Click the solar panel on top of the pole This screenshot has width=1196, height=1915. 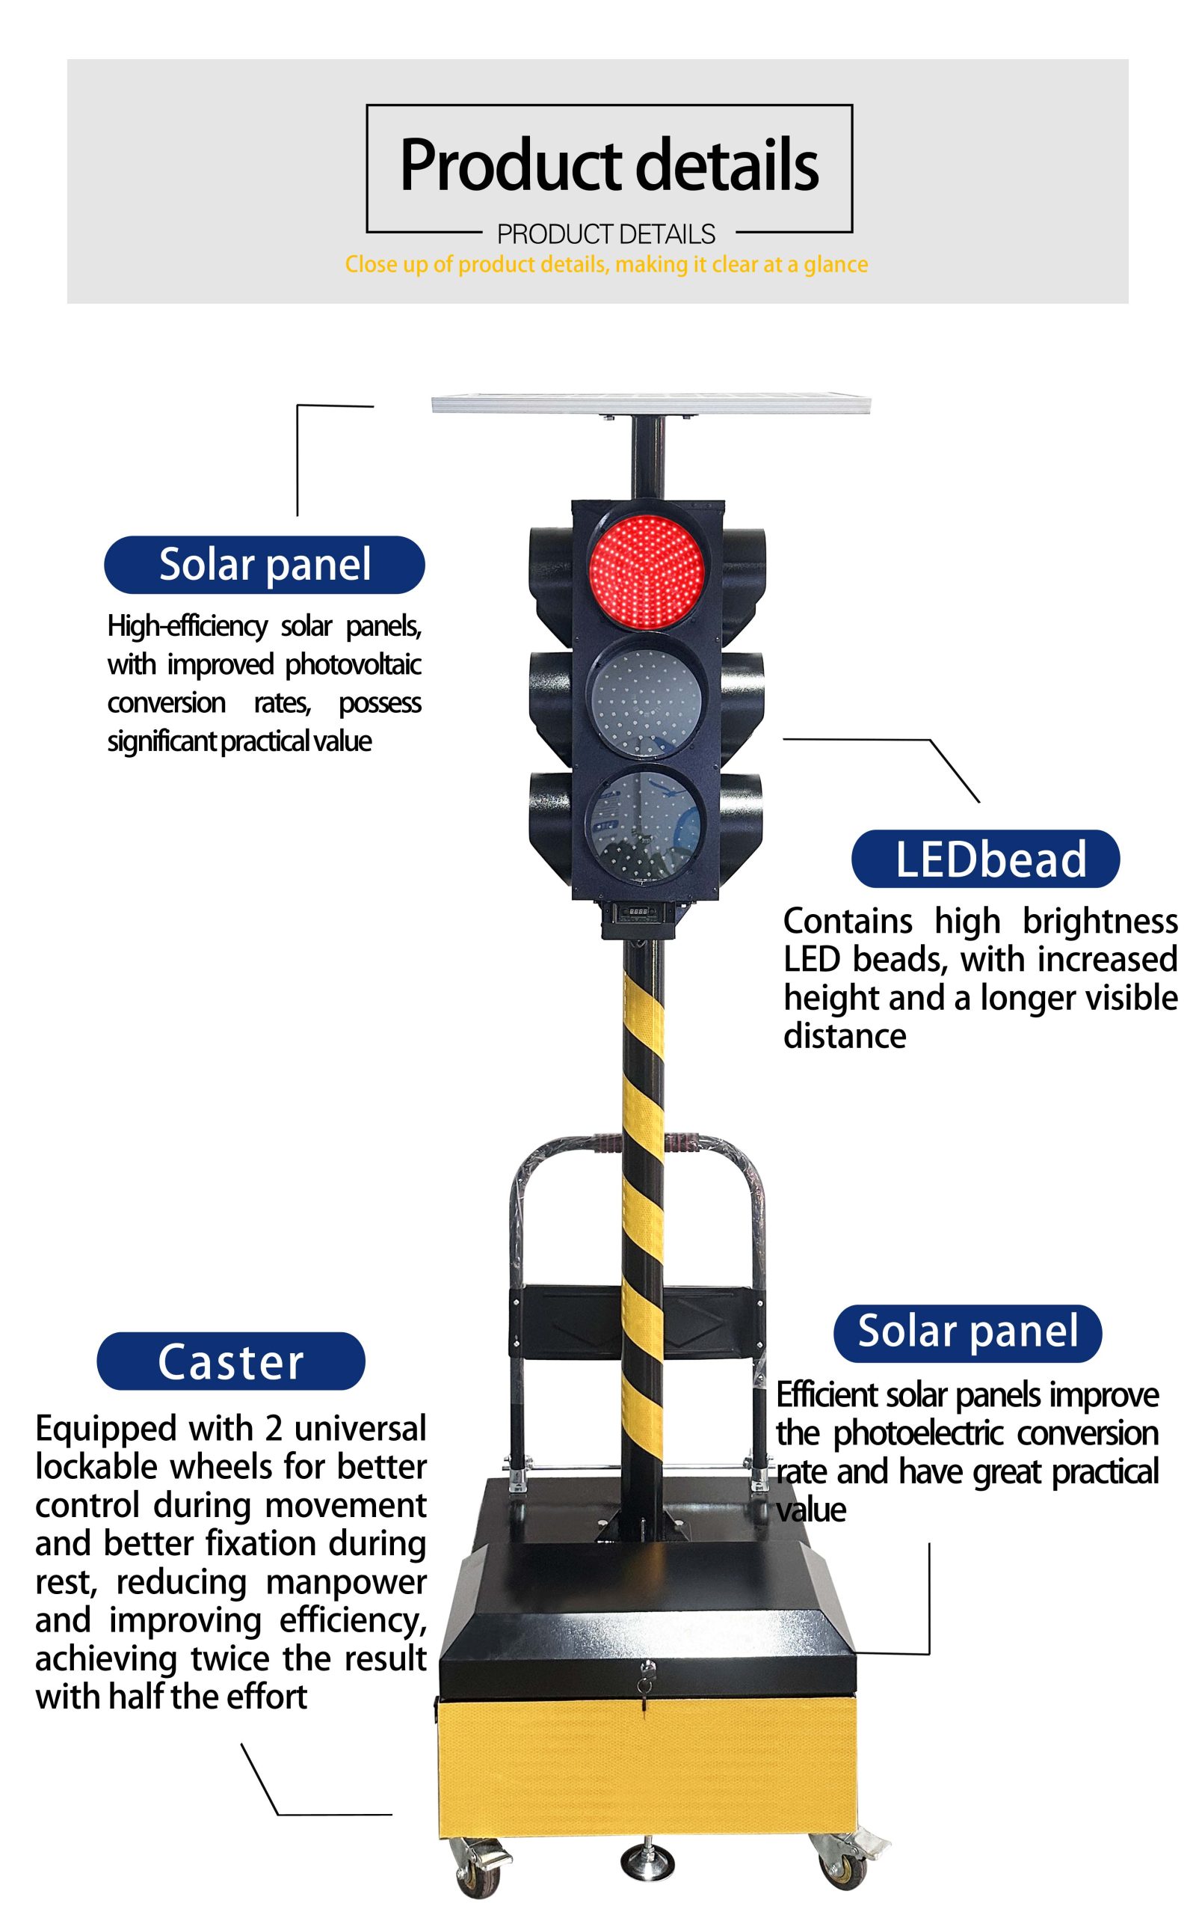pos(650,405)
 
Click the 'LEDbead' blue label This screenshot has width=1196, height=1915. pos(986,859)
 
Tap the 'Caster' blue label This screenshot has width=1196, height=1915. pos(231,1361)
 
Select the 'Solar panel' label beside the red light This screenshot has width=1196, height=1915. pos(264,565)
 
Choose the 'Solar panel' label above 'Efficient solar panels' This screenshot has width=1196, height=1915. pos(967,1333)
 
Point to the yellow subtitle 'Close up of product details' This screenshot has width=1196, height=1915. pos(606,264)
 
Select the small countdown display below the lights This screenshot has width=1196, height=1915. pos(638,912)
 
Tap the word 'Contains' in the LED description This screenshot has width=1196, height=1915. pos(847,922)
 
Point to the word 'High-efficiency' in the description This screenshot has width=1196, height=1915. pos(188,626)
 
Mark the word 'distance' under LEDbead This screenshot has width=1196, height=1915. pos(845,1037)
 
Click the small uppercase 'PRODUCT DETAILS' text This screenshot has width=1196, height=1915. pos(606,234)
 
